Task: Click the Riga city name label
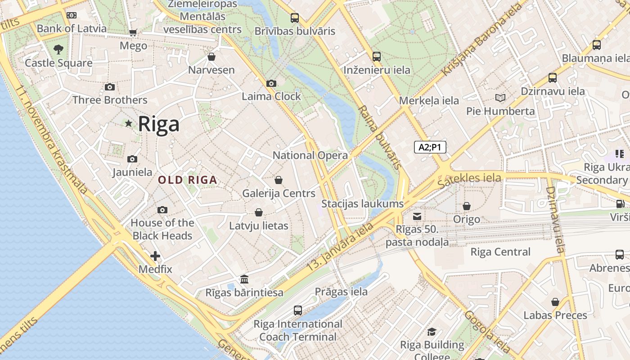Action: point(158,124)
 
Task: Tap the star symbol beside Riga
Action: point(129,123)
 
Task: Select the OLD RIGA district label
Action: point(187,180)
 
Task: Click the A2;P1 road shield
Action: point(430,147)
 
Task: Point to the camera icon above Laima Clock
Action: point(271,83)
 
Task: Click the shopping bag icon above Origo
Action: point(467,206)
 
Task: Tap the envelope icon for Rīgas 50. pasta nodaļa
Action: point(417,216)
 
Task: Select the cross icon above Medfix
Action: point(155,256)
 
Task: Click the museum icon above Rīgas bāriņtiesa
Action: point(244,279)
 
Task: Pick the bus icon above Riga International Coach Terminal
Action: point(297,310)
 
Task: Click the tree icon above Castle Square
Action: point(58,49)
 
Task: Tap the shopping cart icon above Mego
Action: point(133,32)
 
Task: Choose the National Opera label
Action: point(310,155)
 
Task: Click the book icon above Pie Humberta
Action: point(500,98)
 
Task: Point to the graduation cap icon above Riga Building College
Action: point(432,332)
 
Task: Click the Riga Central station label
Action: point(500,252)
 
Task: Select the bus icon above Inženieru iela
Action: point(377,57)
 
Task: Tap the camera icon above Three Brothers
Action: point(109,87)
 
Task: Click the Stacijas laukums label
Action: point(362,204)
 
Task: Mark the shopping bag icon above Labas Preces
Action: point(555,302)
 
